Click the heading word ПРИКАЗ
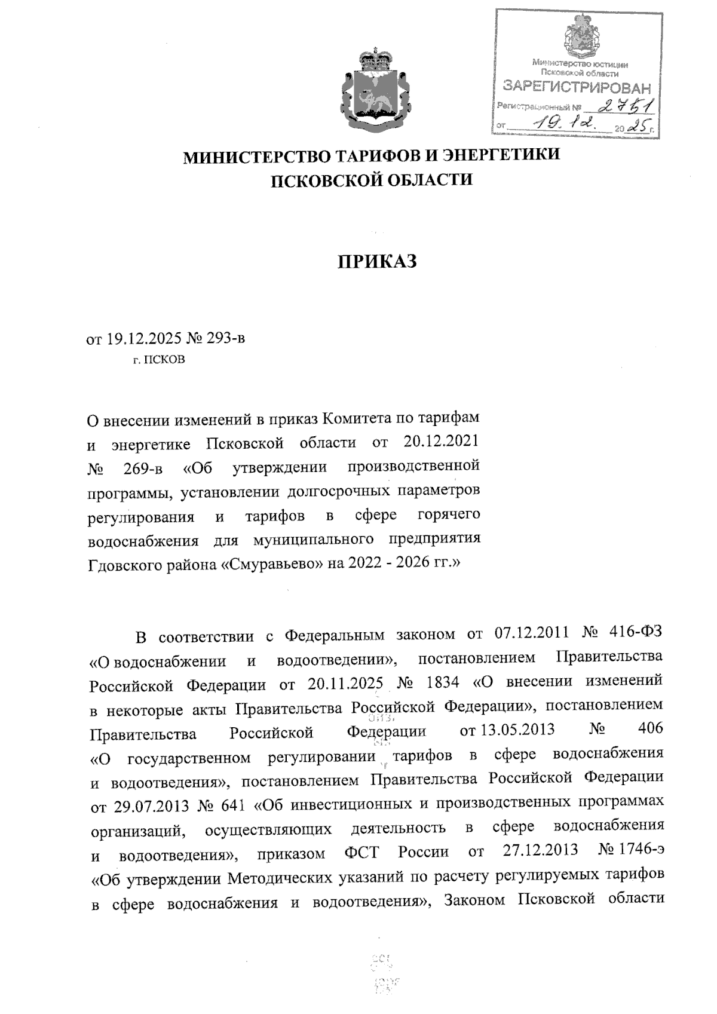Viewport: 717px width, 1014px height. [x=377, y=262]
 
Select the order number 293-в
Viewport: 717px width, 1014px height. [x=225, y=339]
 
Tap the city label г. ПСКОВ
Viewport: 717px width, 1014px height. [x=159, y=360]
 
